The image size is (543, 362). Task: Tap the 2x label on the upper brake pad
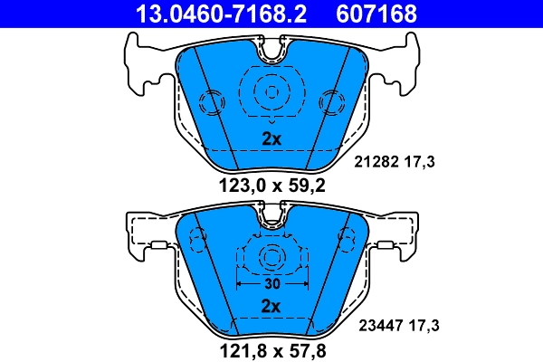(271, 139)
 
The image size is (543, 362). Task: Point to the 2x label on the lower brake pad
(271, 307)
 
